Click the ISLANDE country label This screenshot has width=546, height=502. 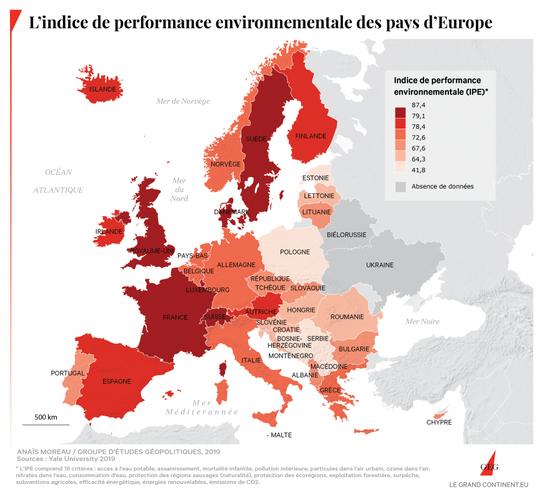point(103,89)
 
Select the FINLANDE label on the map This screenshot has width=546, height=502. point(311,136)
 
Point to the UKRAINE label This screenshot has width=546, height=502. point(380,265)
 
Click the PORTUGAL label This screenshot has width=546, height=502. point(68,373)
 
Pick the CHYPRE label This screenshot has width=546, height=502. point(439,423)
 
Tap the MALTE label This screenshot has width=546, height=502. point(281,435)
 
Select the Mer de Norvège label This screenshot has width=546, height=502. point(183,101)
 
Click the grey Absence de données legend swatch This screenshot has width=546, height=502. point(400,186)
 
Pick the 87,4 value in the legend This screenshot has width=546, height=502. point(419,105)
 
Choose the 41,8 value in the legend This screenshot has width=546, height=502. point(419,170)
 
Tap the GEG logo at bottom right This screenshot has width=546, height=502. point(489,467)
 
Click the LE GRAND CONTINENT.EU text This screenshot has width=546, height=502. point(489,485)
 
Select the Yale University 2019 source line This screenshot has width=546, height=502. point(65,458)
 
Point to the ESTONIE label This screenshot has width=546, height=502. point(315,178)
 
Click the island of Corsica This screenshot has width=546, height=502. point(224,369)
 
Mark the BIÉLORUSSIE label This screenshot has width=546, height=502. point(346,234)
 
